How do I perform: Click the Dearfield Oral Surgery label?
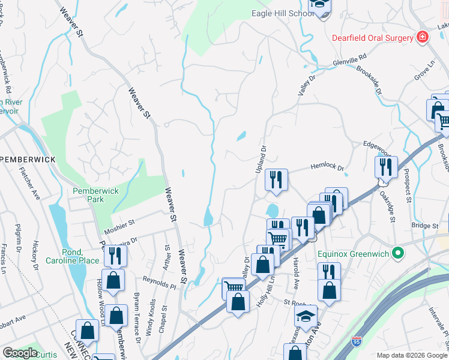[x=372, y=37]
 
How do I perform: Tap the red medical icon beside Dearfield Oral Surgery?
[x=422, y=37]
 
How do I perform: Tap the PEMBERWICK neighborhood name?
[x=28, y=159]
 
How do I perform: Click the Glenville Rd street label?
[x=350, y=61]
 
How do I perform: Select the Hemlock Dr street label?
[x=327, y=169]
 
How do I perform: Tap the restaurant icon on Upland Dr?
[x=276, y=179]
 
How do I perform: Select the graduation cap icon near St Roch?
[x=306, y=315]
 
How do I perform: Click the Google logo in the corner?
[x=20, y=353]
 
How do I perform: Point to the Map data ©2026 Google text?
[x=411, y=355]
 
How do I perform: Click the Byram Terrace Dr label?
[x=137, y=310]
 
